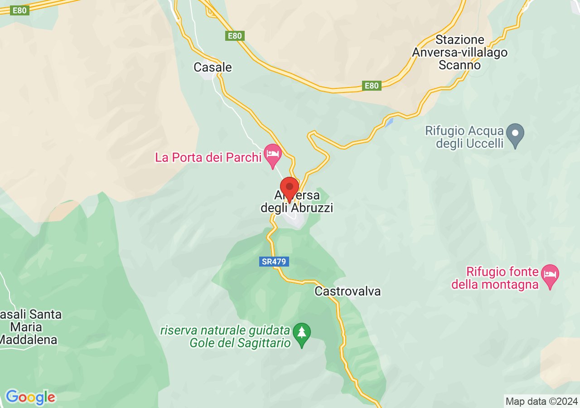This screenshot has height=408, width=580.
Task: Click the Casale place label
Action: (x=213, y=67)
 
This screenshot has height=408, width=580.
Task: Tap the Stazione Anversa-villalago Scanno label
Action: (x=459, y=53)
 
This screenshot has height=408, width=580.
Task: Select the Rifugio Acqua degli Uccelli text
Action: (x=464, y=137)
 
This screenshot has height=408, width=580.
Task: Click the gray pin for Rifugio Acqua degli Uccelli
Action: (x=515, y=134)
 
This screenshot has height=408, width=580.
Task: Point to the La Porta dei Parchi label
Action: (x=208, y=157)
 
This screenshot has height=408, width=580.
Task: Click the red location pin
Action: (x=290, y=188)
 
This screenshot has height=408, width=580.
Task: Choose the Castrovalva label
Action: (x=348, y=291)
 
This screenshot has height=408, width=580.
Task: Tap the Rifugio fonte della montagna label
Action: (x=502, y=278)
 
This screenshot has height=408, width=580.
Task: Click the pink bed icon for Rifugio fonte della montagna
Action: (x=550, y=274)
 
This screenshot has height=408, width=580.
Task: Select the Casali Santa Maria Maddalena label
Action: (x=30, y=327)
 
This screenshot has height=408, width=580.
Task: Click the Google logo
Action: (x=30, y=398)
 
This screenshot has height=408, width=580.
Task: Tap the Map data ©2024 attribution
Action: (x=541, y=401)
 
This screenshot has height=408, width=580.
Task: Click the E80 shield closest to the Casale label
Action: (x=235, y=36)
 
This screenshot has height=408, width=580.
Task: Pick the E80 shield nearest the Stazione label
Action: (x=372, y=85)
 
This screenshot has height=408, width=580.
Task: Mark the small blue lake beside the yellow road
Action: (x=388, y=122)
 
